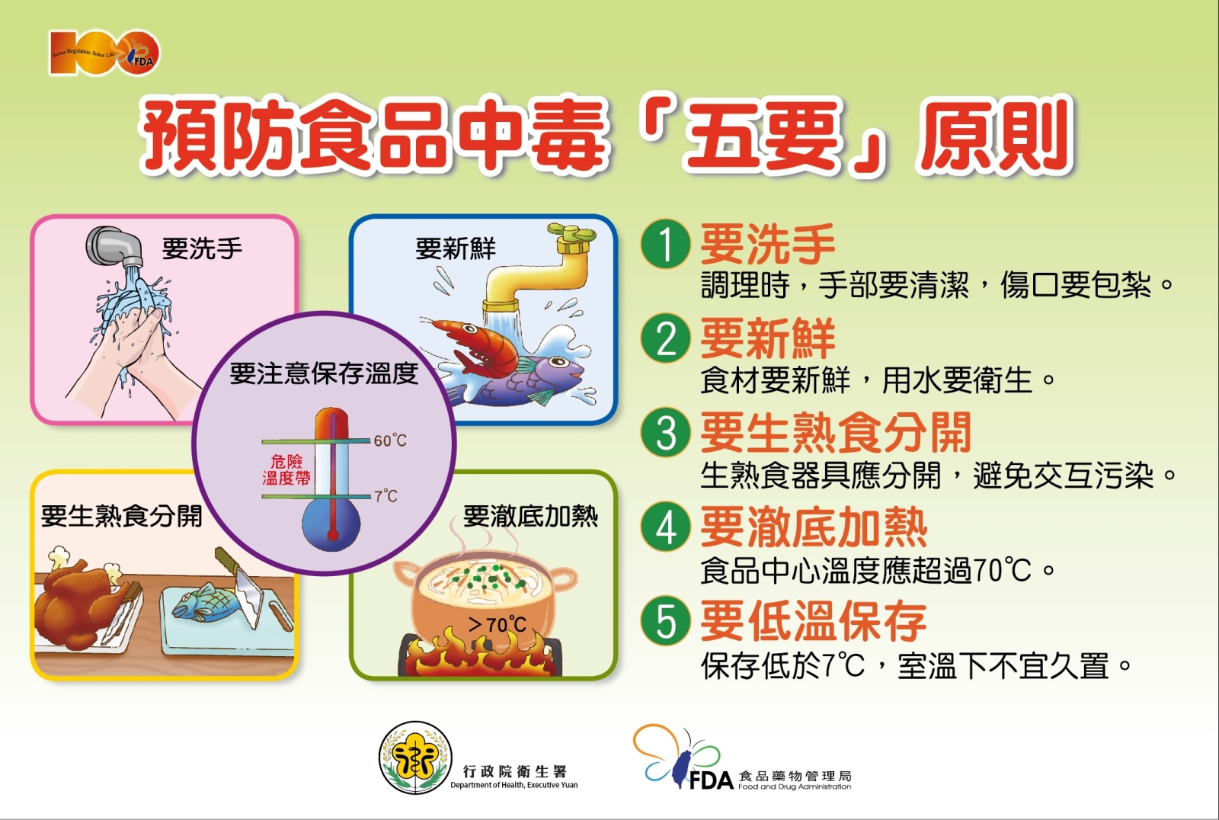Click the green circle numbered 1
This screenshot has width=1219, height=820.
click(666, 244)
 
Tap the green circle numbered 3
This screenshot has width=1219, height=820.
click(666, 433)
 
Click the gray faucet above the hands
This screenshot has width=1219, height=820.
click(115, 247)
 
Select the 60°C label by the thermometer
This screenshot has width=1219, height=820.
click(390, 440)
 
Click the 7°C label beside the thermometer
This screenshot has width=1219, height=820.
click(386, 495)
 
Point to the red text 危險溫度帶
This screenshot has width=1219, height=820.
click(286, 470)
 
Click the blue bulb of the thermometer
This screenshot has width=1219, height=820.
click(331, 524)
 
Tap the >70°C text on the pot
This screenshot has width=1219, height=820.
click(497, 625)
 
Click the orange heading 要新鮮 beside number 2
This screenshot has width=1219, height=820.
click(767, 338)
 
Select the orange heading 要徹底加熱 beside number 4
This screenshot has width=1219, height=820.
click(814, 527)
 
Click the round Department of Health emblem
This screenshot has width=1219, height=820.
click(415, 758)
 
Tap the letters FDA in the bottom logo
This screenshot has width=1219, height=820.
click(712, 780)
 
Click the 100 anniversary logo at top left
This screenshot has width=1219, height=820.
click(104, 53)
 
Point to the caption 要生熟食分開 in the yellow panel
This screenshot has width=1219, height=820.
click(121, 516)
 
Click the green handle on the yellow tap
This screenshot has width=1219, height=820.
click(572, 232)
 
